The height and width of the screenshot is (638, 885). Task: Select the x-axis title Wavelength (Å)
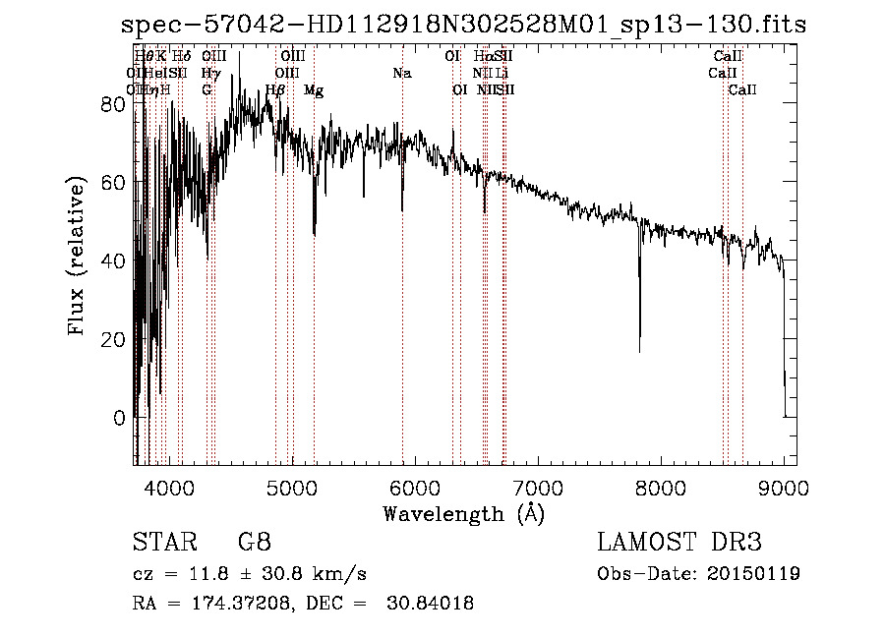[x=463, y=513]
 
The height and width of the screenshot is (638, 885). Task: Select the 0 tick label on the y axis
[x=119, y=417]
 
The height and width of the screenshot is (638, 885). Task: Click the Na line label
[x=401, y=74]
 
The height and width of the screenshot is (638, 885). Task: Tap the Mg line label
[x=314, y=90]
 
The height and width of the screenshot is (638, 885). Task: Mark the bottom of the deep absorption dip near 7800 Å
[x=640, y=351]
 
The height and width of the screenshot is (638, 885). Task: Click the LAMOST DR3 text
[x=679, y=543]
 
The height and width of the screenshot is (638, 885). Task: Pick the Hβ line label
[x=275, y=90]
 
